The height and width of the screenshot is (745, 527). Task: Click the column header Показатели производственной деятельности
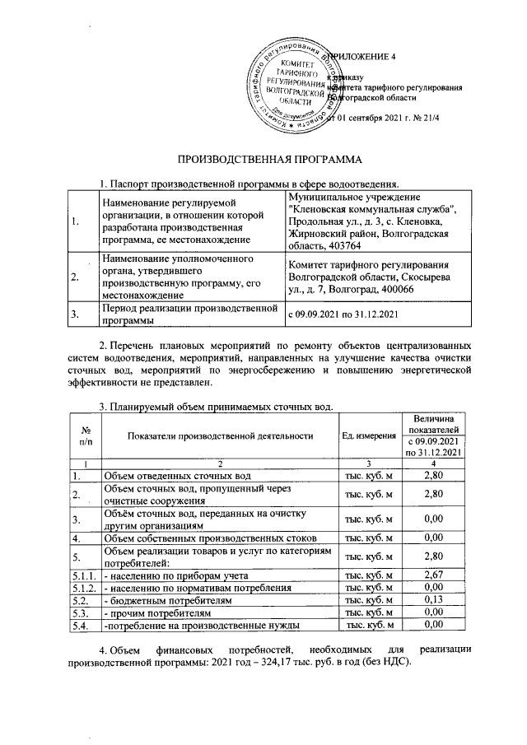click(221, 435)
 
